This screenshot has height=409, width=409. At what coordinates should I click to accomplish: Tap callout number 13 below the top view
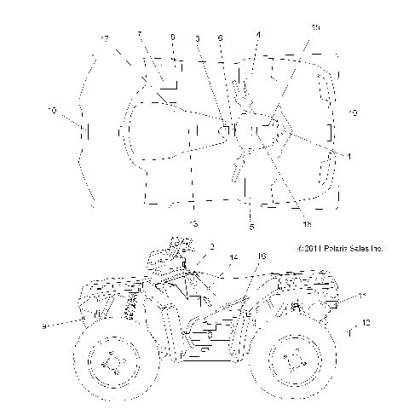193,223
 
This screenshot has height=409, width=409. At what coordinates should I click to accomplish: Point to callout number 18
306,224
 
